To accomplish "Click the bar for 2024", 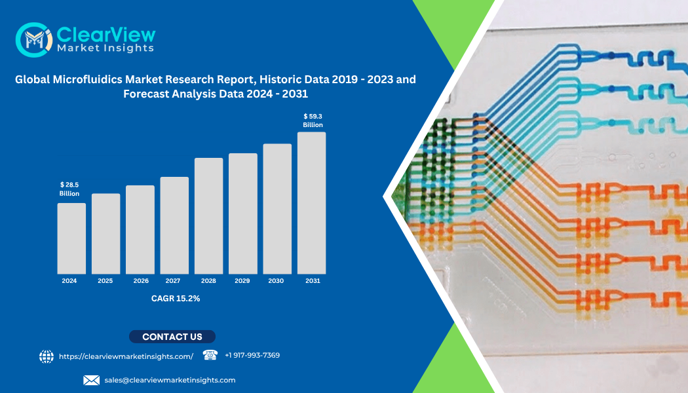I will point(71,238).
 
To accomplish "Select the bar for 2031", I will point(311,203).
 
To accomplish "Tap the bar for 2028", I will point(208,216).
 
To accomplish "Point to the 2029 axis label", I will point(242,281).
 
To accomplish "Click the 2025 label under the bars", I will point(105,281).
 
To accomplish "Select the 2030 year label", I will point(277,281).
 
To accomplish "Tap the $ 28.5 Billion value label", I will point(69,189).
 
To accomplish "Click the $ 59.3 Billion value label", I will point(313,121).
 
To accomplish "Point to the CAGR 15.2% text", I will point(176,299).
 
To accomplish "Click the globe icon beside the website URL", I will point(47,356).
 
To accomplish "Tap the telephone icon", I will point(210,355).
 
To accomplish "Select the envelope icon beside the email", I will point(91,380).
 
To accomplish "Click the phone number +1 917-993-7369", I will point(252,356).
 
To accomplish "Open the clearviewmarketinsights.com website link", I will point(126,356).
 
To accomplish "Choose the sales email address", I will point(170,380).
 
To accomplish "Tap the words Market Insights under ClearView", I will point(105,48).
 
